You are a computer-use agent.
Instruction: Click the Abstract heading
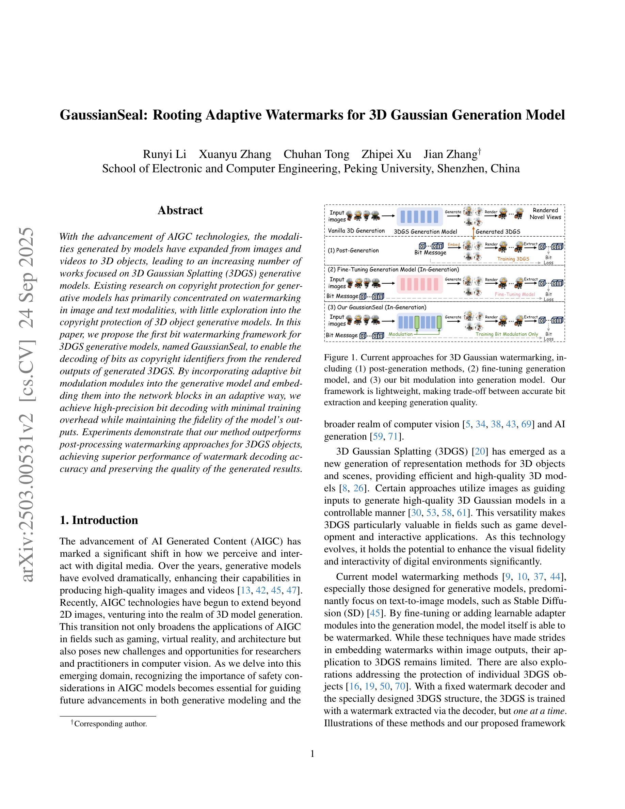point(180,210)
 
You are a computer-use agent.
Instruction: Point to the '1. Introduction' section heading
point(99,520)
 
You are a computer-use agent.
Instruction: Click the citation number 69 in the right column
point(526,424)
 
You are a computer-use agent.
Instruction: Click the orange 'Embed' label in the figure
point(453,244)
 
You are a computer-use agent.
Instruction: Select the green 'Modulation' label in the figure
point(400,334)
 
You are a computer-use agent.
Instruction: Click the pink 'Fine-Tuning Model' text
point(515,294)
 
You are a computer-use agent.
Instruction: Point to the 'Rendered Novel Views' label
point(545,213)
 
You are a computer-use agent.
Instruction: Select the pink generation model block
point(420,284)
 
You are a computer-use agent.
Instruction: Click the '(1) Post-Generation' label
point(353,250)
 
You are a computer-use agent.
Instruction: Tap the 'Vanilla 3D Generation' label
point(356,231)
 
